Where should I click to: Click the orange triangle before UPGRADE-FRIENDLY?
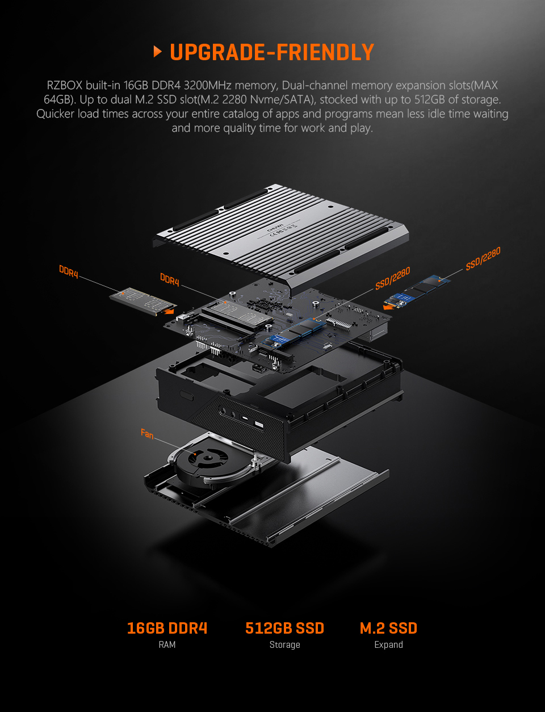point(158,52)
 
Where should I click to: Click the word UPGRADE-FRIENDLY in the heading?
point(272,52)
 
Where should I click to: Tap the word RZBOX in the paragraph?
point(65,86)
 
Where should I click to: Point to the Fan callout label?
point(147,434)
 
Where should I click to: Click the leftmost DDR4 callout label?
point(69,271)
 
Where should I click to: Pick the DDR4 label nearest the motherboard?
point(170,279)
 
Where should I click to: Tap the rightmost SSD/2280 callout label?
point(483,258)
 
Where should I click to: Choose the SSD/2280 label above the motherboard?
point(392,278)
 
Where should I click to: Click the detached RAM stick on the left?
point(136,301)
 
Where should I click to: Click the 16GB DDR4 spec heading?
point(167,628)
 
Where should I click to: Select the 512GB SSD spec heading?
point(284,628)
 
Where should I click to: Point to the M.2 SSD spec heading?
point(388,628)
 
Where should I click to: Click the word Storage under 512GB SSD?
point(284,644)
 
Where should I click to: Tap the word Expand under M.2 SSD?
point(388,644)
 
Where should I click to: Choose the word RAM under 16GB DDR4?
point(167,644)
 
